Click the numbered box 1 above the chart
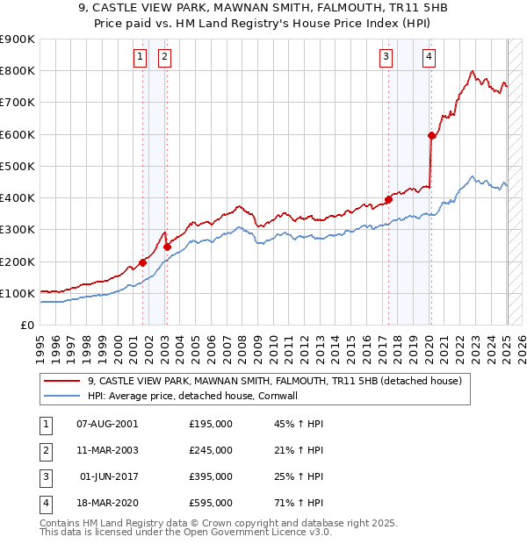(x=140, y=58)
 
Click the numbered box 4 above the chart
(x=429, y=58)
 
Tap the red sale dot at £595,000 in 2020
(x=431, y=135)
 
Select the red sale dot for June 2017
(x=388, y=199)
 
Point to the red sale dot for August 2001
(x=142, y=262)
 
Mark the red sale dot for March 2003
(x=167, y=247)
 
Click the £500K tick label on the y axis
(x=17, y=166)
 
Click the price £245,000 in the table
(x=211, y=450)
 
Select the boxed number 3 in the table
(x=43, y=476)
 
